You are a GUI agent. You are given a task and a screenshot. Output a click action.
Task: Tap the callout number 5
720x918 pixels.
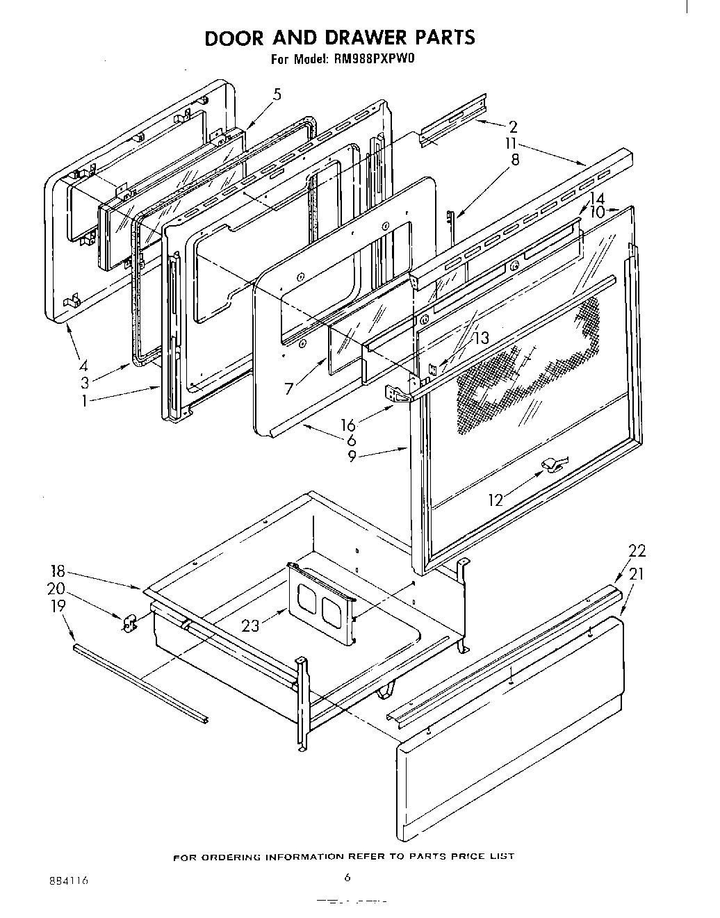pos(277,95)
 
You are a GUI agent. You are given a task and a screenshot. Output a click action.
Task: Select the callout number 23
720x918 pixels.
pos(251,625)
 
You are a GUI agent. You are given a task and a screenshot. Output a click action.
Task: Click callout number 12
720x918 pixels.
pos(495,500)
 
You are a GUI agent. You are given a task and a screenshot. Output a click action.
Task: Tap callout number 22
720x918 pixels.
pos(637,551)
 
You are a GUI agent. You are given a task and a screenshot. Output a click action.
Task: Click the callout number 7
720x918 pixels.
pos(289,388)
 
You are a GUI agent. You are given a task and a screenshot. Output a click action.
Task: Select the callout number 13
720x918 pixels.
pos(481,338)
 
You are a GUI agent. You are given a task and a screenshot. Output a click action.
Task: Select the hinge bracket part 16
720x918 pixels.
pos(396,394)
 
